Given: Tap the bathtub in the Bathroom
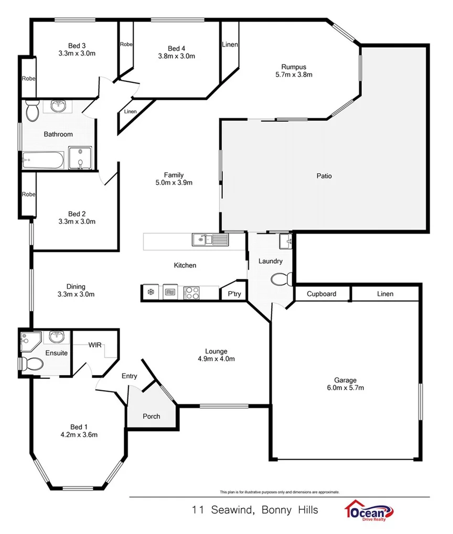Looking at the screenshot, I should point(43,159).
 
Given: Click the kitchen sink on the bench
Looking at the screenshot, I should point(210,241).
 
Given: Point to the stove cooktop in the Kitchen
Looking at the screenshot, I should point(192,293).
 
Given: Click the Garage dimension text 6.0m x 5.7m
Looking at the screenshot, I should point(346,388).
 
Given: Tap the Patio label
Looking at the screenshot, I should point(324,176).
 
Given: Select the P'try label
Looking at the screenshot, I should point(234,294).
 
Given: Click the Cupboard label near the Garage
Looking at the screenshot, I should point(321,294).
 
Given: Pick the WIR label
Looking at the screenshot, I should point(95,345).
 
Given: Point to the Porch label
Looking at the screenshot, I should point(152,416).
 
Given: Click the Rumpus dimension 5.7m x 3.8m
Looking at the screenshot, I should point(294,74).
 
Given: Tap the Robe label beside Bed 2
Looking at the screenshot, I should point(28,194).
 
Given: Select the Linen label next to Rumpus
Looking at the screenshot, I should point(230,45).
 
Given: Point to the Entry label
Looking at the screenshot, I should point(129,376).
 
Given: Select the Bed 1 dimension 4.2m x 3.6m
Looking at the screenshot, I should point(79,434).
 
